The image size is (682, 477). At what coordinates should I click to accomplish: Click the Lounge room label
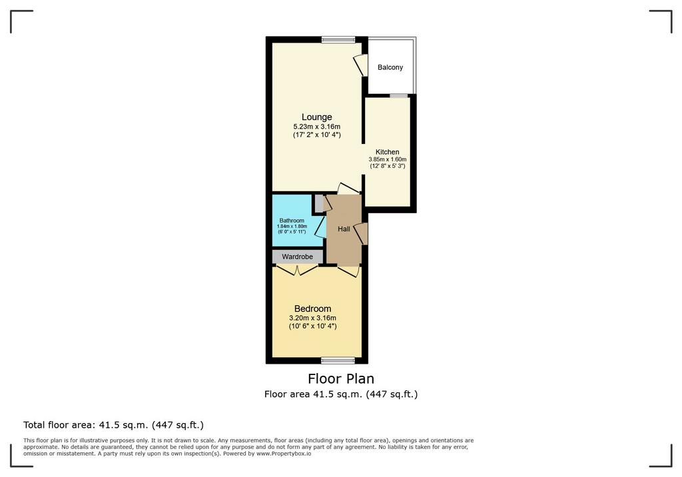316,117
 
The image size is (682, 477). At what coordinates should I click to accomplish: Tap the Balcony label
390,67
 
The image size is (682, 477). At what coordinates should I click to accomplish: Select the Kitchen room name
387,152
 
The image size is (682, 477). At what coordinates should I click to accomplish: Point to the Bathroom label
292,221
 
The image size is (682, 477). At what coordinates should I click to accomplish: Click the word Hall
344,229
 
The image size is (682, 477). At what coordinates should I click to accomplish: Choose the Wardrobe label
298,256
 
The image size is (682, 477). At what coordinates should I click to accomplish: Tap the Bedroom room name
313,309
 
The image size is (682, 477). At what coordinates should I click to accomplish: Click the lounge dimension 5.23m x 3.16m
316,127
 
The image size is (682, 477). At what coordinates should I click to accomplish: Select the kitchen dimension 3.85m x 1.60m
387,159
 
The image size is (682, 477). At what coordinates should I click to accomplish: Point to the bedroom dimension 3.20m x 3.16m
313,318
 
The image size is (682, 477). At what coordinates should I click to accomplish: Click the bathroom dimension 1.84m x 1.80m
292,227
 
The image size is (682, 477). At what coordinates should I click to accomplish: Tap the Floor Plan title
341,378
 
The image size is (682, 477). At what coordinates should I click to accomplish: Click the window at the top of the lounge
338,39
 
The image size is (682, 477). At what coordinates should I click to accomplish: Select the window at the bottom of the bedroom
338,360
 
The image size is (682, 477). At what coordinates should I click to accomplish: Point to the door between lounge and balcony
360,65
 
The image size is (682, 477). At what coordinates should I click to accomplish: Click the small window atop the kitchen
396,95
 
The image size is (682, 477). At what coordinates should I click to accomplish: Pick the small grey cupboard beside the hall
319,203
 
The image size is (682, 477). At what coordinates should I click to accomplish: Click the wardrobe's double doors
298,270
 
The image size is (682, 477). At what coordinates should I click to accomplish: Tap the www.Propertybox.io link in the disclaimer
284,454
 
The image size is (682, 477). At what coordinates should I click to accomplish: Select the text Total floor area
59,425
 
